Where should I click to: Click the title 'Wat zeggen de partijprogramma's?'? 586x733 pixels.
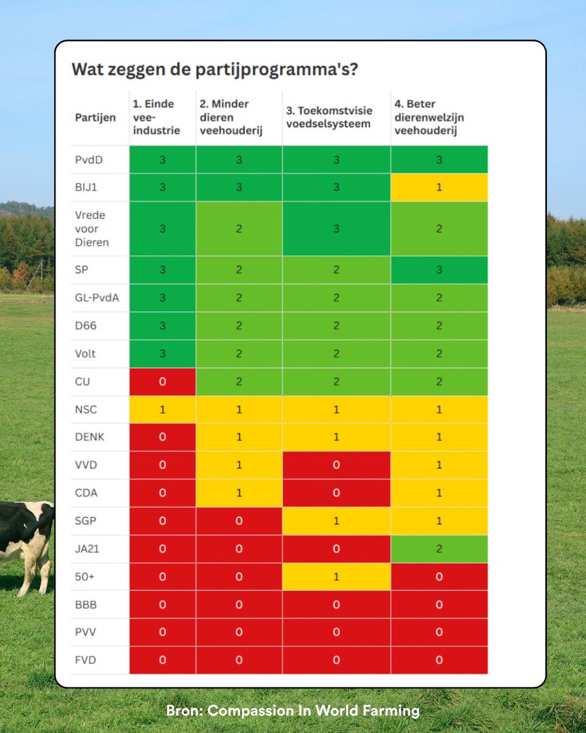pos(214,68)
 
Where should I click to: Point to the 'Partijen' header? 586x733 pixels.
pos(95,118)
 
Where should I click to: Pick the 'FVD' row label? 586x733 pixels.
pos(85,660)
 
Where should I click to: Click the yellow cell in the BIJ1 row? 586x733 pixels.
pos(439,188)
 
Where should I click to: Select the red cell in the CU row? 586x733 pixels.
pos(162,381)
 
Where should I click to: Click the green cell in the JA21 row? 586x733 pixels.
pos(439,549)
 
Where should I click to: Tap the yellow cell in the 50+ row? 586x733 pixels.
pos(336,577)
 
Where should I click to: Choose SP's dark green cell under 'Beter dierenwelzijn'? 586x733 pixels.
pos(439,270)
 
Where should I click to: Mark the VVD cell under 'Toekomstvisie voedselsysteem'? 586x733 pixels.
pos(336,465)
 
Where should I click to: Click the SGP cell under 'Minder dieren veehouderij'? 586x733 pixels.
pos(239,521)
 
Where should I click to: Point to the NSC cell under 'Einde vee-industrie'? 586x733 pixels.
pos(162,409)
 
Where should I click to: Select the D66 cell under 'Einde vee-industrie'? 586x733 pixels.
pos(162,326)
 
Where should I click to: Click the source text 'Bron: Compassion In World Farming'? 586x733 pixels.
pos(293,711)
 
